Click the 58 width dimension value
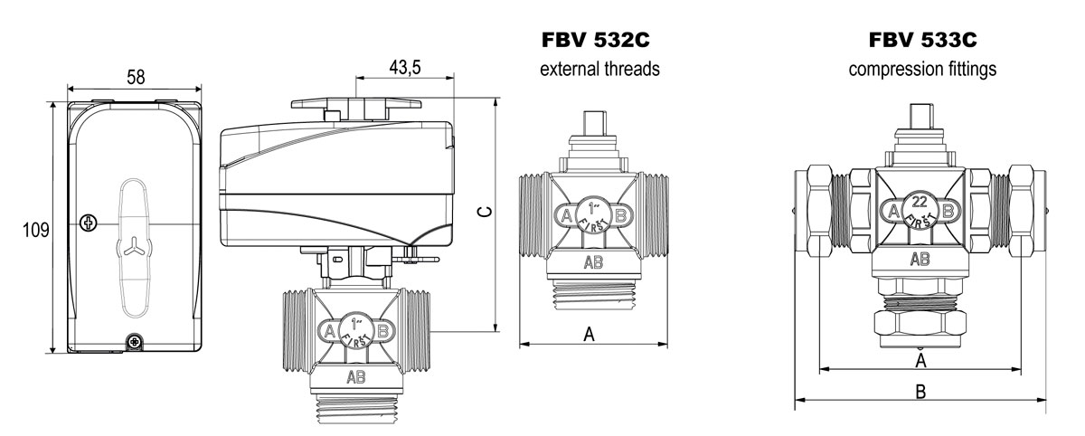click(136, 77)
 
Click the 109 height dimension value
click(36, 230)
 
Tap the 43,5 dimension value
click(405, 67)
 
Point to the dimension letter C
click(485, 212)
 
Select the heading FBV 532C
click(595, 40)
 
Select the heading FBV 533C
click(922, 40)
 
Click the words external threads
click(599, 69)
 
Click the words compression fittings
click(922, 70)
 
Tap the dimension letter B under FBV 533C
click(920, 392)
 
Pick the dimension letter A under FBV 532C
click(589, 334)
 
